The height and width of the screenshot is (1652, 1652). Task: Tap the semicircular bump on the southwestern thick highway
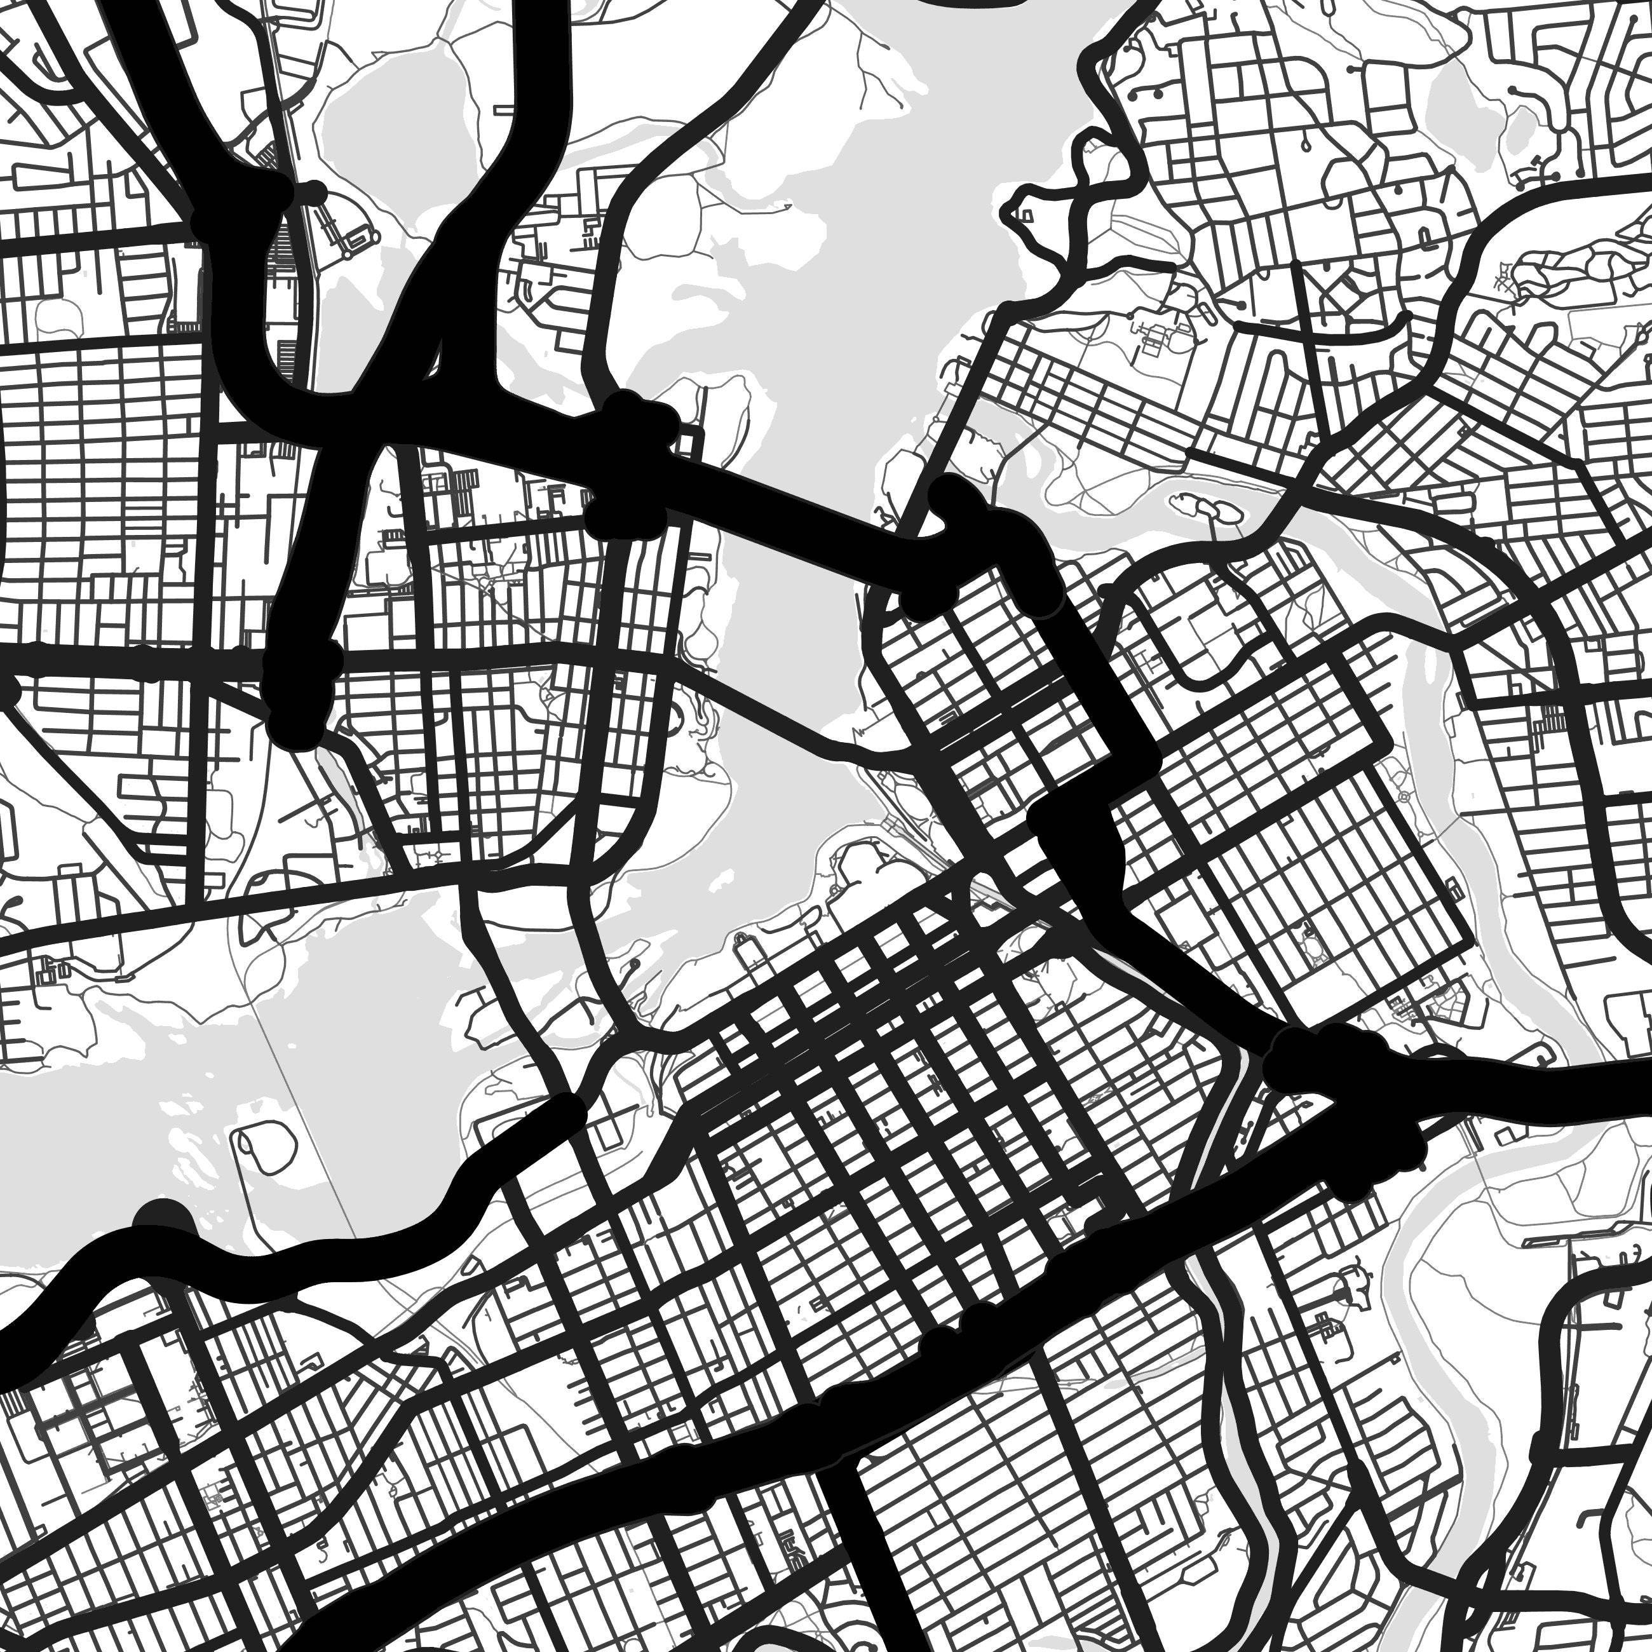[163, 1219]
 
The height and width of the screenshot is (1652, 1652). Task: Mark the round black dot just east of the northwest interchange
[315, 193]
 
